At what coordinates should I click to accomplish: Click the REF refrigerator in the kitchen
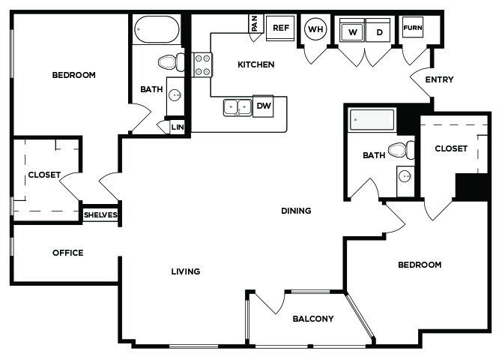click(280, 28)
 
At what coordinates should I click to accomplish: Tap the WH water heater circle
click(315, 29)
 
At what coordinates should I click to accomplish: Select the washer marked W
click(352, 30)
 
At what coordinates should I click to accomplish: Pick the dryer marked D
click(378, 30)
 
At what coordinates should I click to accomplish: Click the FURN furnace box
click(413, 28)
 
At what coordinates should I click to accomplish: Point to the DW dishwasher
click(263, 106)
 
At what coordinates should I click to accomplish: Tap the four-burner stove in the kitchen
click(202, 64)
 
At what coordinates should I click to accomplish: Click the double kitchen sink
click(238, 107)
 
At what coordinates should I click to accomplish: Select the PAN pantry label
click(255, 23)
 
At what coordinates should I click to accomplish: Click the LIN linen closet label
click(178, 127)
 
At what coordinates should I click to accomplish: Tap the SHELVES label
click(100, 214)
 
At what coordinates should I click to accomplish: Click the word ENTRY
click(439, 79)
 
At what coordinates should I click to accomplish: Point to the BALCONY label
click(313, 319)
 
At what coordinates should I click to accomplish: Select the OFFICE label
click(68, 253)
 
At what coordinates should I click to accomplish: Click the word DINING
click(296, 211)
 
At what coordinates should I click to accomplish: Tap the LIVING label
click(186, 271)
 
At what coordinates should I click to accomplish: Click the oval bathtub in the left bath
click(157, 29)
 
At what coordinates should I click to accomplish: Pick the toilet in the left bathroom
click(172, 62)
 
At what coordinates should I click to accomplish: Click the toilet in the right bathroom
click(402, 150)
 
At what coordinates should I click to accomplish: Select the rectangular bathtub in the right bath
click(372, 119)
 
